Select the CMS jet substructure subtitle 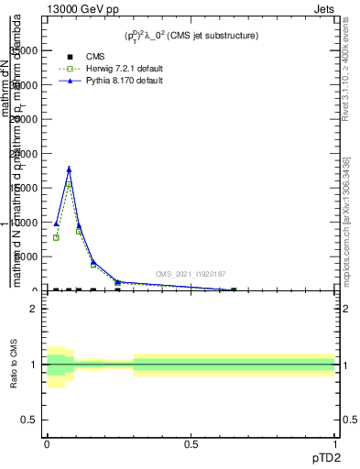pos(191,36)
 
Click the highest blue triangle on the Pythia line pos(69,169)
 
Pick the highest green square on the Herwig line pos(69,184)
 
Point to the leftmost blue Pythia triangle pos(56,224)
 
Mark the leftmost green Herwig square pos(56,237)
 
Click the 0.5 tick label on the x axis pos(191,444)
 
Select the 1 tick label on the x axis pos(335,444)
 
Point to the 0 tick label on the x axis pos(47,444)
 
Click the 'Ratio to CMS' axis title pos(14,364)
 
